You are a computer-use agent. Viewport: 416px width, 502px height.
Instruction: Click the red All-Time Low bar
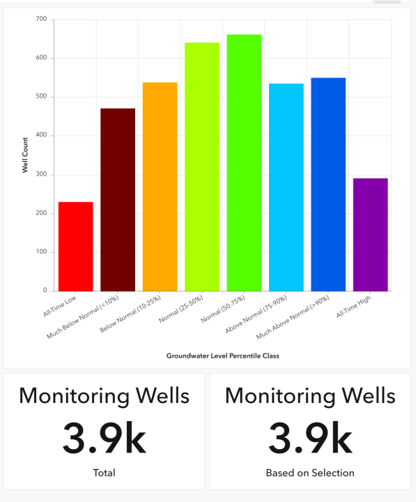(75, 246)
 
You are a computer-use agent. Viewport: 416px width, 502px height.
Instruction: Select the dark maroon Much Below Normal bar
(118, 199)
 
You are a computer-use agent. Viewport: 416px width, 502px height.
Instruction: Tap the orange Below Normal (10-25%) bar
(160, 186)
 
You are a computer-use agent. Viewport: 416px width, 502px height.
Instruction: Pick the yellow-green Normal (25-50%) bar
(202, 167)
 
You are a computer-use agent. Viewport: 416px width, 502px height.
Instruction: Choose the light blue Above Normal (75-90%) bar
(286, 187)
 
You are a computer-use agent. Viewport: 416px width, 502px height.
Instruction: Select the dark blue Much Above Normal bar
(328, 184)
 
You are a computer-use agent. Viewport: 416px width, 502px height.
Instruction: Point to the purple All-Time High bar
(370, 234)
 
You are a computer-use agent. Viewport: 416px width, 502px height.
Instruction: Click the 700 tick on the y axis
(41, 20)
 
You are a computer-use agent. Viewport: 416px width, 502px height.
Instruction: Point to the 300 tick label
(41, 175)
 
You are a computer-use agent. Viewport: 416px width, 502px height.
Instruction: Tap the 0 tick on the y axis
(45, 291)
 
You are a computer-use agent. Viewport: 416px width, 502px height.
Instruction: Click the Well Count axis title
(25, 155)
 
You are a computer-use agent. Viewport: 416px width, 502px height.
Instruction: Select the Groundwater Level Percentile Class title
(223, 356)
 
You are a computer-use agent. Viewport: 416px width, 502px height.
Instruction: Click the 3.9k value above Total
(104, 437)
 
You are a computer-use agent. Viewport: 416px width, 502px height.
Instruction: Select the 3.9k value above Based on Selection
(310, 437)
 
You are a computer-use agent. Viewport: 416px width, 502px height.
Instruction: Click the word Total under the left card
(104, 473)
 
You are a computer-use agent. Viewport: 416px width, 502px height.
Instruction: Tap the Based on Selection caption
(310, 473)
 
